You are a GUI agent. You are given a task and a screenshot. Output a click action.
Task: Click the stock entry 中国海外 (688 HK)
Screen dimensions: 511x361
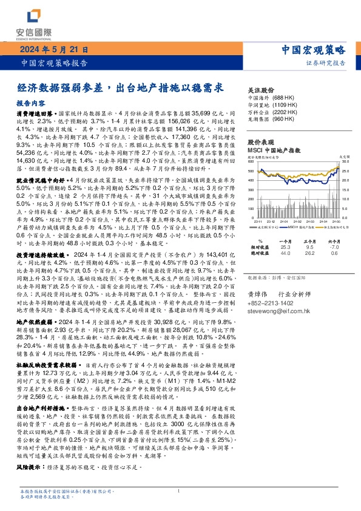pyautogui.click(x=272, y=98)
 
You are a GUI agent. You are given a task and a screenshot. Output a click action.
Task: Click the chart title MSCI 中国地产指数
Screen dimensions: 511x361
pyautogui.click(x=275, y=149)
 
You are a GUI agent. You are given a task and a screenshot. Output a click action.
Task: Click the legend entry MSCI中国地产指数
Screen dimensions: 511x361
pyautogui.click(x=298, y=226)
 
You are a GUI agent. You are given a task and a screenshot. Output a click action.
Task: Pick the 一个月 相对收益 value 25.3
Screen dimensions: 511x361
pyautogui.click(x=286, y=248)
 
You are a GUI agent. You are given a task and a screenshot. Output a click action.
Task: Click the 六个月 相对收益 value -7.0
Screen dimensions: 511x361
pyautogui.click(x=333, y=248)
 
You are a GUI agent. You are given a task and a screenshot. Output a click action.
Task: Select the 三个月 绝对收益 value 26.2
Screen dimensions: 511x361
pyautogui.click(x=309, y=254)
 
